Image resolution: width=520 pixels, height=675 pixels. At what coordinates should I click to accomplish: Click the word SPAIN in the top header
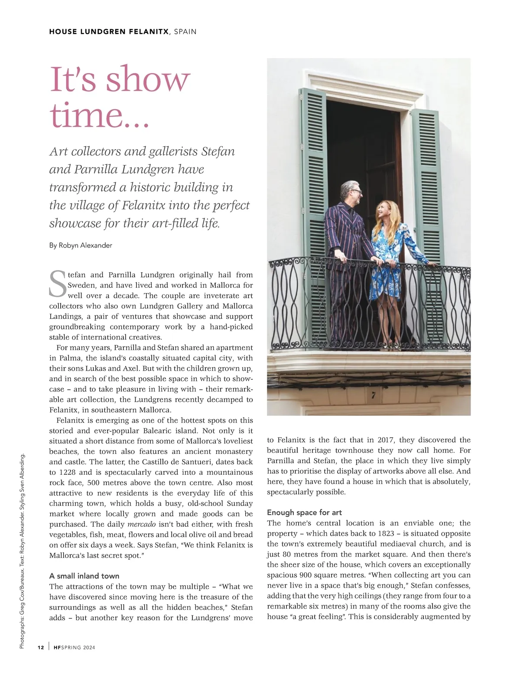pyautogui.click(x=185, y=32)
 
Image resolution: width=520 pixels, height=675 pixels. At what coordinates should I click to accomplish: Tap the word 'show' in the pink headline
pyautogui.click(x=148, y=80)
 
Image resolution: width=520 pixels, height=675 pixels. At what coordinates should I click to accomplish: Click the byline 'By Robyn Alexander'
pyautogui.click(x=81, y=245)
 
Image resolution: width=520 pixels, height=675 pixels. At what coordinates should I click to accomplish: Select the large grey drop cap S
pyautogui.click(x=58, y=284)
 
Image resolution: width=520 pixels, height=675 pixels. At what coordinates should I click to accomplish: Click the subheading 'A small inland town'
pyautogui.click(x=84, y=576)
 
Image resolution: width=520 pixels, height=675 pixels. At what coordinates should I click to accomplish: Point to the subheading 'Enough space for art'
pyautogui.click(x=304, y=513)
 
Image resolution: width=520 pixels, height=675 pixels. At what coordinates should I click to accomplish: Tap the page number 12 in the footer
pyautogui.click(x=41, y=648)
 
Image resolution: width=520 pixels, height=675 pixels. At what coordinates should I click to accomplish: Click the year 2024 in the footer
pyautogui.click(x=89, y=648)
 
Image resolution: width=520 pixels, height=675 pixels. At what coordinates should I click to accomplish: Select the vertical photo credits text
pyautogui.click(x=23, y=551)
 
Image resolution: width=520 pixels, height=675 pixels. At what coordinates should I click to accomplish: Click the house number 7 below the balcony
pyautogui.click(x=373, y=395)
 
